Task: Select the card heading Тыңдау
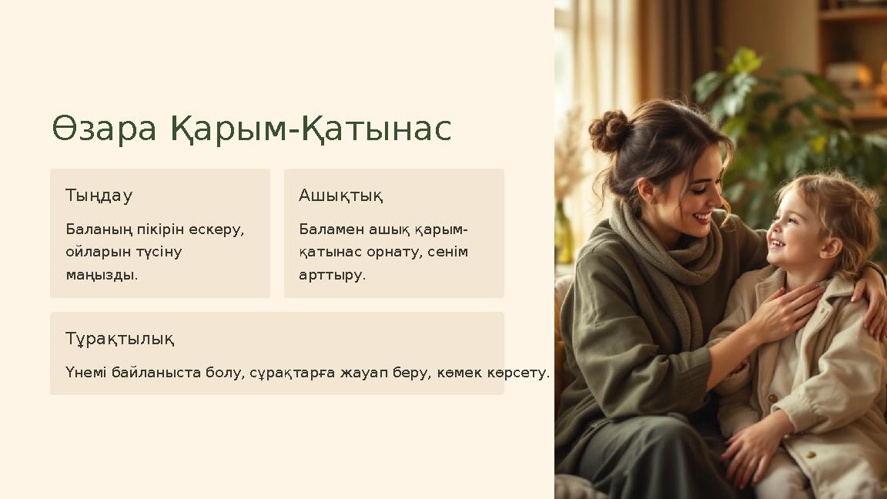[x=99, y=196]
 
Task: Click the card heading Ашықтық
[x=340, y=196]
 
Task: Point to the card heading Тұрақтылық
[x=119, y=339]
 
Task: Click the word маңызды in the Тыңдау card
[x=101, y=275]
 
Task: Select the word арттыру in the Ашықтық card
[x=332, y=275]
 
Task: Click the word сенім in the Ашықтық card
[x=447, y=252]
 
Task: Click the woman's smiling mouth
[x=702, y=217]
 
